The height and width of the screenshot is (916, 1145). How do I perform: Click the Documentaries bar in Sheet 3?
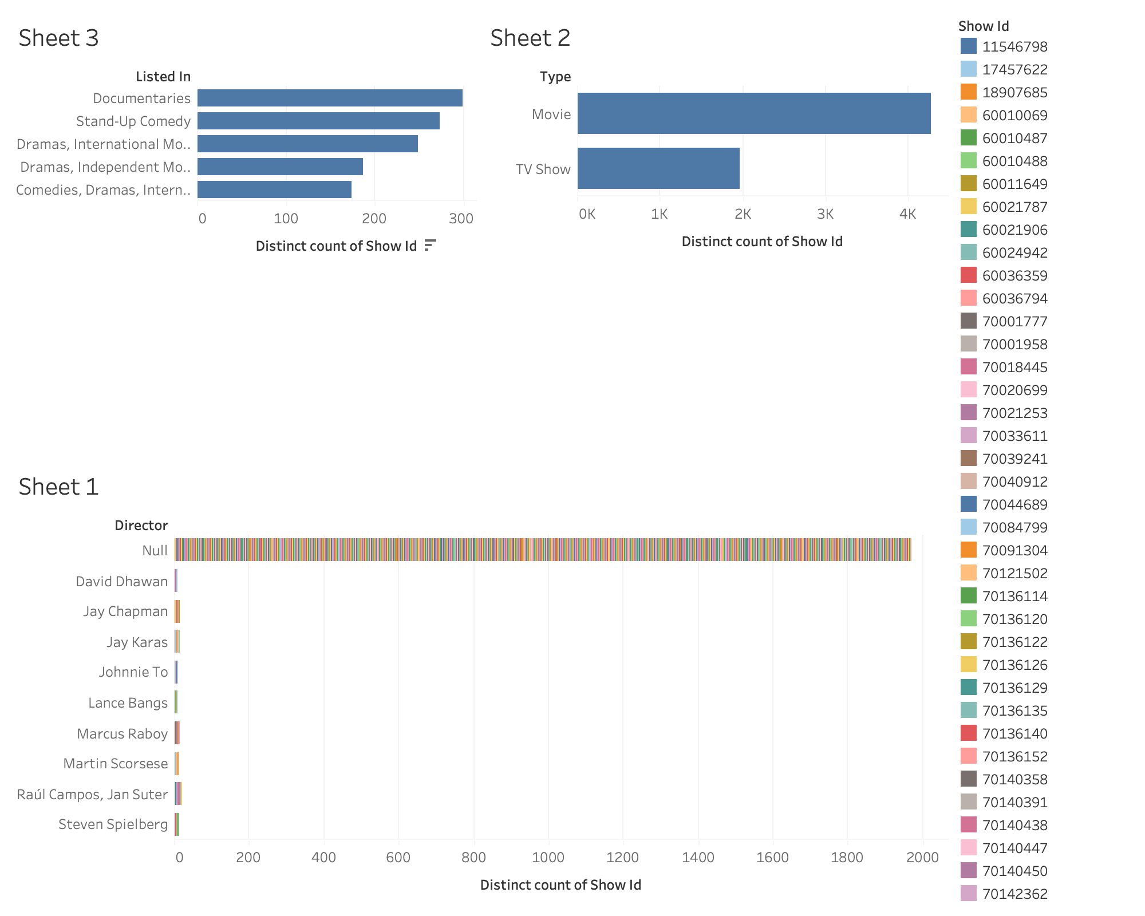point(330,98)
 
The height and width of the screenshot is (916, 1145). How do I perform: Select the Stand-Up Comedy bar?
point(318,121)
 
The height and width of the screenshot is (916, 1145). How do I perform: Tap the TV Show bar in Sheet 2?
point(658,168)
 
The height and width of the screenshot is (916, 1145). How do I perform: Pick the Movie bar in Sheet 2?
point(753,113)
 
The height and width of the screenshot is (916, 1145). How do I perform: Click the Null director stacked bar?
point(542,550)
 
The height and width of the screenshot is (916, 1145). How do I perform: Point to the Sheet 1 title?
point(58,487)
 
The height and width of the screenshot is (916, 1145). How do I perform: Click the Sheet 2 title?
point(530,38)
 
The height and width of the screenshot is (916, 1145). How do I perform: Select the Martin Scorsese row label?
point(115,764)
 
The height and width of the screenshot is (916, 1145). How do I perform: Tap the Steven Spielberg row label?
point(113,824)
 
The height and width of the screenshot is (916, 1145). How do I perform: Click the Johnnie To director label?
point(133,672)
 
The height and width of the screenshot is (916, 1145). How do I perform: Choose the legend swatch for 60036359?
point(969,275)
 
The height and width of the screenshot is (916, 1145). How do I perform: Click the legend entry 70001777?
point(1014,321)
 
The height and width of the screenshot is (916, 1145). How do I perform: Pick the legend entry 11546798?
point(1014,46)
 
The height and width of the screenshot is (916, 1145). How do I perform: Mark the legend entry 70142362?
point(1014,894)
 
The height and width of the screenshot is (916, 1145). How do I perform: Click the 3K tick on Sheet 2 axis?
point(825,214)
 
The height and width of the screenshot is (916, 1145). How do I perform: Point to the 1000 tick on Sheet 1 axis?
point(548,857)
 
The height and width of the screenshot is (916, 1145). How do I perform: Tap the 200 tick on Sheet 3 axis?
point(374,219)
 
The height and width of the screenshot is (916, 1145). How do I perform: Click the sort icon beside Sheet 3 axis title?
point(431,246)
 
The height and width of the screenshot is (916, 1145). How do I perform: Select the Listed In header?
point(163,77)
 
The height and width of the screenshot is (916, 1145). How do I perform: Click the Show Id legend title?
point(983,26)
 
